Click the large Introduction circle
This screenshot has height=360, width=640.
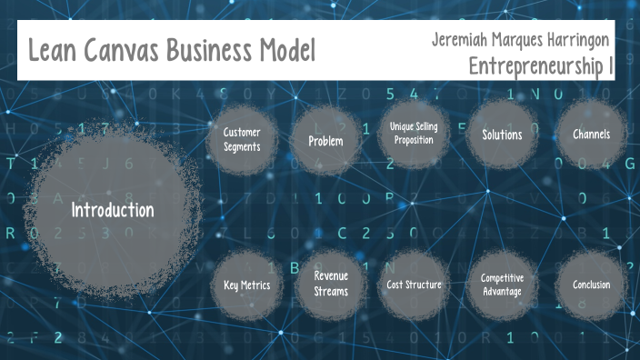113,210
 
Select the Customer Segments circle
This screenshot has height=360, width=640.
242,138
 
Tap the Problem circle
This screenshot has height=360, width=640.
325,140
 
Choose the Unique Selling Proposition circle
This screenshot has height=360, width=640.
414,133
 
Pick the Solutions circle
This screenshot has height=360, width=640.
502,135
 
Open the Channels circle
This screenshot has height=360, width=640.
591,135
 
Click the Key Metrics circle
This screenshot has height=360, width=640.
246,285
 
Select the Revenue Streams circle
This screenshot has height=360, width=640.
331,283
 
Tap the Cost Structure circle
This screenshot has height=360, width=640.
414,285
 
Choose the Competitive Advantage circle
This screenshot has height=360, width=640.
502,285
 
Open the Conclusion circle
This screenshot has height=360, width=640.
591,285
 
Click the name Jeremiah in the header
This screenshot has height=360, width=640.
461,40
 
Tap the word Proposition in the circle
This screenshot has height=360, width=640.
414,139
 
